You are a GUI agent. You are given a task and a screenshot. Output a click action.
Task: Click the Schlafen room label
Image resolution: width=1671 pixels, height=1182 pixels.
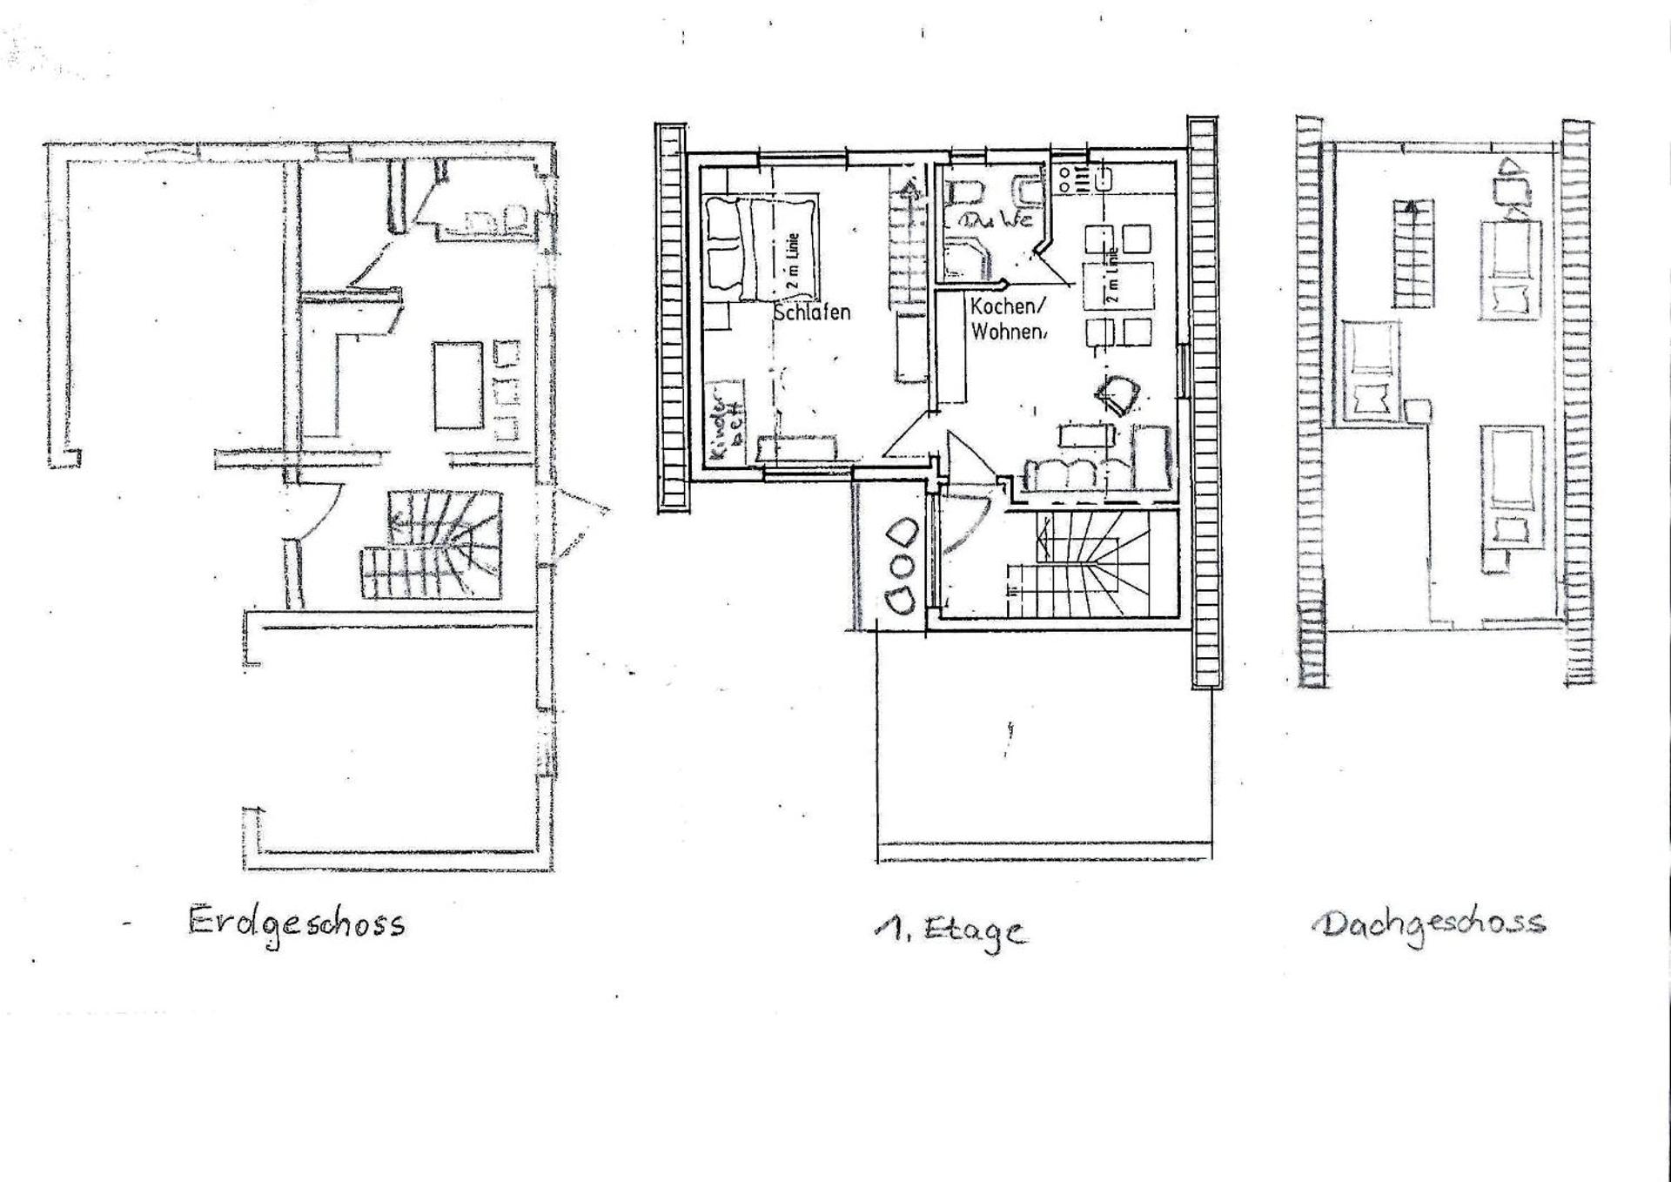coord(812,312)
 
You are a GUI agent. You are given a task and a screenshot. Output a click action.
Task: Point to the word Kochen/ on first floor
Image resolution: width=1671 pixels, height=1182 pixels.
coord(1004,307)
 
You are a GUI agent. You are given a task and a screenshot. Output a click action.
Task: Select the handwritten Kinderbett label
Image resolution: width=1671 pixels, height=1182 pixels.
coord(725,420)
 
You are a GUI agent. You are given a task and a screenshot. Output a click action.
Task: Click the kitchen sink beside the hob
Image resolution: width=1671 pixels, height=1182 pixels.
coord(1103,180)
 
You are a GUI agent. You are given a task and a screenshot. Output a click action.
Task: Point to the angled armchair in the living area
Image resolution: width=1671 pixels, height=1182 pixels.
coord(1117,394)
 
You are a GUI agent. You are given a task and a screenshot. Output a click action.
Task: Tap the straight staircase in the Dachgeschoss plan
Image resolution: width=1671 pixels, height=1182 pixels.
coord(1413,254)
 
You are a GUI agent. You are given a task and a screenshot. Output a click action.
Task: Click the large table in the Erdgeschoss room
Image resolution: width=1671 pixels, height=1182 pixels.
coord(458,385)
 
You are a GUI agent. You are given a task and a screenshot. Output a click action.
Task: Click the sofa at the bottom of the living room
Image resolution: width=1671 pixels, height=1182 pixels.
coord(1068,473)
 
